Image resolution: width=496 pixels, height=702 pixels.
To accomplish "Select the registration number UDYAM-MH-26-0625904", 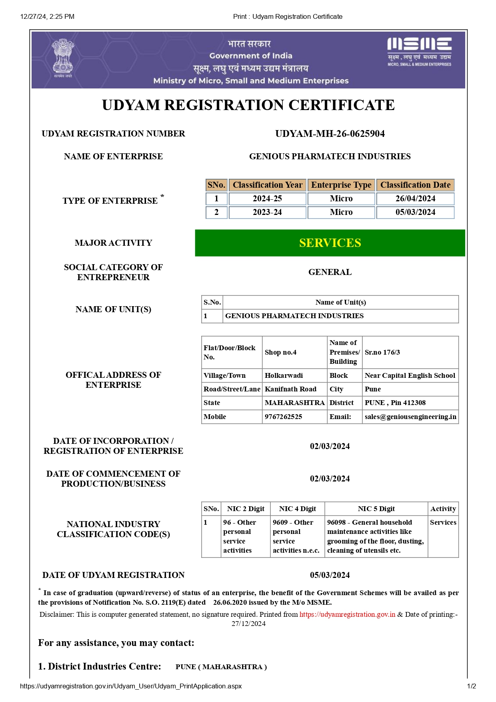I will click(x=330, y=134).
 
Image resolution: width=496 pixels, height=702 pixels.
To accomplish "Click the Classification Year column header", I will click(x=268, y=185).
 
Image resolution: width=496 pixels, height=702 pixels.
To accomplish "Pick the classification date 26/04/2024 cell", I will click(x=415, y=199).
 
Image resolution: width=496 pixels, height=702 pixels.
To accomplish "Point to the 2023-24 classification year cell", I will click(x=267, y=212).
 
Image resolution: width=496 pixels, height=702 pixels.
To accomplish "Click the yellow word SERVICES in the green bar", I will click(x=330, y=243).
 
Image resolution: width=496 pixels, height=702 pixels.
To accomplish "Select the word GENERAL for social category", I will click(x=330, y=272).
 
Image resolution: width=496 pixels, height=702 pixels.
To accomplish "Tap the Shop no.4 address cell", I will click(x=281, y=352).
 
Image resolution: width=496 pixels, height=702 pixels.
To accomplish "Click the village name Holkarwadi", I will click(x=284, y=375).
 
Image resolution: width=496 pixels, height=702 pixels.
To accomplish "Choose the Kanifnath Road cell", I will click(x=290, y=389).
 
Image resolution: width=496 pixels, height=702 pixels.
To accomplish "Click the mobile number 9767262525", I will click(x=283, y=417).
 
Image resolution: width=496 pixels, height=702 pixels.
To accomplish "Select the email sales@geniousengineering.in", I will click(x=410, y=417).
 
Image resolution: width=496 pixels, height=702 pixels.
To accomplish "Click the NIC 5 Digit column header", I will click(x=376, y=509).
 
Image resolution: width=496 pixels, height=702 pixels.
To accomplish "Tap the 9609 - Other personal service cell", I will click(x=296, y=536).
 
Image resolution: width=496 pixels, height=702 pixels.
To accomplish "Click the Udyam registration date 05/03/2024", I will click(x=330, y=575).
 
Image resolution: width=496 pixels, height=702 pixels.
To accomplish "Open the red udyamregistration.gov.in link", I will click(x=347, y=614).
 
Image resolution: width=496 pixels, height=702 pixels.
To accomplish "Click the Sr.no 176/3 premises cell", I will click(x=382, y=352).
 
